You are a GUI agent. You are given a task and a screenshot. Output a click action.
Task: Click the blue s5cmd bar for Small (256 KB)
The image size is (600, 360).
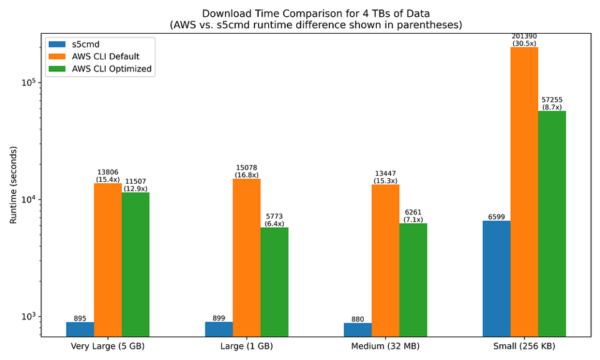click(x=496, y=279)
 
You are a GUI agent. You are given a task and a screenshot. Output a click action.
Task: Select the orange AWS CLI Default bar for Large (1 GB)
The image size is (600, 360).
click(x=246, y=257)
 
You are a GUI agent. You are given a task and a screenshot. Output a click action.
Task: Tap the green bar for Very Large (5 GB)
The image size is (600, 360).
click(x=136, y=264)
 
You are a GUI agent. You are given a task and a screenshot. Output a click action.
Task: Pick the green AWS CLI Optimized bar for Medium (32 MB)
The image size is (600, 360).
click(x=413, y=280)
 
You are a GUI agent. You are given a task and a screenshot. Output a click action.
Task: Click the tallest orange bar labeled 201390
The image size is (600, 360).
click(x=524, y=192)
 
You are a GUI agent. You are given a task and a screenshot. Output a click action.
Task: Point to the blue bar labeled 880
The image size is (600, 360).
click(x=357, y=330)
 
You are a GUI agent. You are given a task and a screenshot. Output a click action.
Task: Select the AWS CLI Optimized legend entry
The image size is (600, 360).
click(x=100, y=69)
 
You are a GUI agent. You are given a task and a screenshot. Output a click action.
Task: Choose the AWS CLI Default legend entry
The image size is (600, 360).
click(x=94, y=57)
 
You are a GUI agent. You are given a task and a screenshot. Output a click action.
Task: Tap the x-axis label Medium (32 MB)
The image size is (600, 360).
click(x=386, y=347)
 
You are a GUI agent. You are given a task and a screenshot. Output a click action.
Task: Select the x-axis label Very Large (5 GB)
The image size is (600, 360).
click(x=107, y=347)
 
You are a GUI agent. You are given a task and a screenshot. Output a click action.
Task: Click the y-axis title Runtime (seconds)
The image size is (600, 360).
click(x=13, y=185)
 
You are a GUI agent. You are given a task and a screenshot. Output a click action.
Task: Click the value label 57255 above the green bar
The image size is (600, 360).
click(x=552, y=100)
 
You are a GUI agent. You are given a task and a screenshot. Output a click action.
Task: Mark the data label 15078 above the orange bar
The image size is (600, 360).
click(x=246, y=167)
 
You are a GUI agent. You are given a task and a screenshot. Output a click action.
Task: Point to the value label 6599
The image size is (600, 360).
click(x=496, y=217)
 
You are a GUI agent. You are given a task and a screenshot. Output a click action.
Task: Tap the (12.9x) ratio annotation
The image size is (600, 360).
click(x=136, y=189)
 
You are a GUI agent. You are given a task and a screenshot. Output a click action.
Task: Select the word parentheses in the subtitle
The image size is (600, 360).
click(x=429, y=25)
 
